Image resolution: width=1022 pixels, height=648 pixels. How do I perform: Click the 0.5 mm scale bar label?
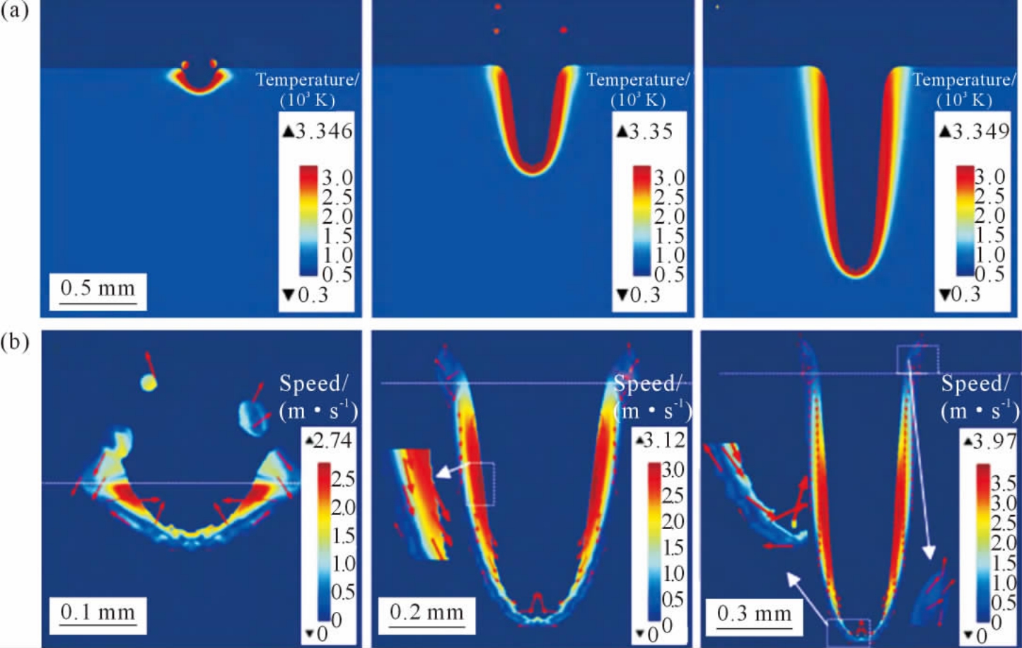98,289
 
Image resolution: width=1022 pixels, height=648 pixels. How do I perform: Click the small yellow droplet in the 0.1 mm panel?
149,383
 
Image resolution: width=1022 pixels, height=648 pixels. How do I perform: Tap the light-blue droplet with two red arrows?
252,415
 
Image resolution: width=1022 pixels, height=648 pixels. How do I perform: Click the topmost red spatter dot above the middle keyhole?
498,6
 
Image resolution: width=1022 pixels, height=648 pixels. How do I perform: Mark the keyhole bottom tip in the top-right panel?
857,273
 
